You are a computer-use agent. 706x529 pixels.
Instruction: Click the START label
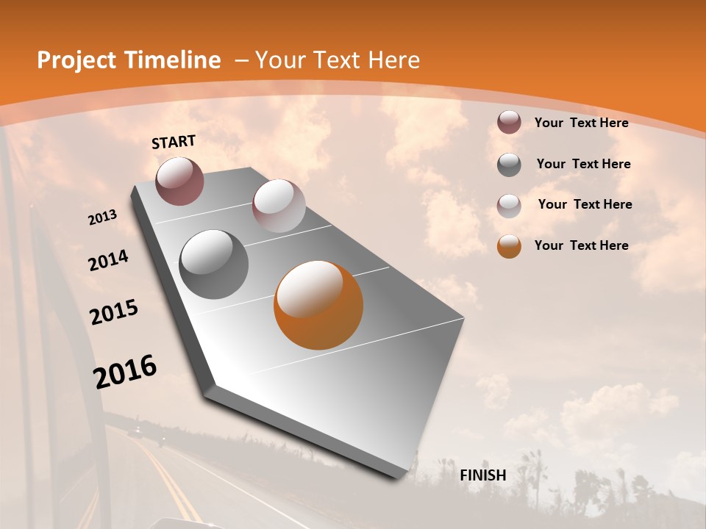(x=174, y=142)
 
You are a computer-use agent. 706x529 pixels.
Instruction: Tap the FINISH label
(x=482, y=475)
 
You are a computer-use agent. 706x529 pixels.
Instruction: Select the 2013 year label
(x=102, y=217)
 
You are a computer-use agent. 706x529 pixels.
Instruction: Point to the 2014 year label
(x=108, y=261)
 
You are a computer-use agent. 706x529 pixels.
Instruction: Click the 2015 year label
(x=114, y=312)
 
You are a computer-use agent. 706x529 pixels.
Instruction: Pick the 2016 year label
(x=125, y=371)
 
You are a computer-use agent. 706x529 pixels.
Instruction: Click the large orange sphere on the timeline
(x=318, y=305)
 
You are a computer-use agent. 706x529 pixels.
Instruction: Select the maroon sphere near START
(x=179, y=181)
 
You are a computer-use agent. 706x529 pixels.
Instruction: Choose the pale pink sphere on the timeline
(x=279, y=206)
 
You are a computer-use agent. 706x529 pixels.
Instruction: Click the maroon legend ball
(x=509, y=123)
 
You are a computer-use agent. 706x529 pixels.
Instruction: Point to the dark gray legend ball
(x=509, y=165)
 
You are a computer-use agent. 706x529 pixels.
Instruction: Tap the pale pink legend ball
(x=509, y=205)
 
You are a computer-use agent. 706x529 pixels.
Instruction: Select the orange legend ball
(x=509, y=246)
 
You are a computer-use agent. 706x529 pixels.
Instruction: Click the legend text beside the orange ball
(x=581, y=245)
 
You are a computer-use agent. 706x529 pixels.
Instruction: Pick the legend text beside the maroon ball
(x=581, y=123)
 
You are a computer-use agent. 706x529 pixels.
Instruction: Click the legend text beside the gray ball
(x=583, y=164)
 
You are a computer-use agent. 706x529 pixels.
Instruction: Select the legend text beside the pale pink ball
(x=585, y=204)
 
